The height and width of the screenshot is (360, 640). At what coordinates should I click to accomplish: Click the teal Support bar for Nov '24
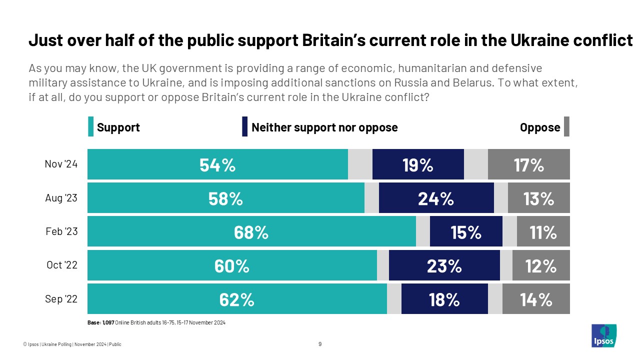(x=217, y=164)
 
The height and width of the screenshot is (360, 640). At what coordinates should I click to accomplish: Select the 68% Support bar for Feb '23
(x=251, y=231)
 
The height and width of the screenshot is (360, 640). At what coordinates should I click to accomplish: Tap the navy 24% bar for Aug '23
(x=436, y=198)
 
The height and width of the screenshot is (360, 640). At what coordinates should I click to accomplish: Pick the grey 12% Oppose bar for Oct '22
(x=541, y=265)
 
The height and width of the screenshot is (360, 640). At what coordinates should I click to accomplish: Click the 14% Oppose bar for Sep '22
(x=536, y=299)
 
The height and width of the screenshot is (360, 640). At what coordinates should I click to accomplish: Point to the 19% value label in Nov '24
(x=418, y=164)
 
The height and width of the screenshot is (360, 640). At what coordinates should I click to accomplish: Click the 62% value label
(x=236, y=299)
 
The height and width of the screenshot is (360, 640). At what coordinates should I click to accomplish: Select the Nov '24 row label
(x=61, y=164)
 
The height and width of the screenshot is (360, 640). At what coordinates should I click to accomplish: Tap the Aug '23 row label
(x=61, y=198)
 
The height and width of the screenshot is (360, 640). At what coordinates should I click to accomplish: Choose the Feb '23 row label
(x=61, y=231)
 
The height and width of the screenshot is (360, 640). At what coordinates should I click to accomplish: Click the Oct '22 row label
(x=61, y=265)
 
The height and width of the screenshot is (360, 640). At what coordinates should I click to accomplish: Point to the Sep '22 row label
(x=61, y=299)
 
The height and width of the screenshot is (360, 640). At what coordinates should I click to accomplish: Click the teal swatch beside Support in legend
(x=90, y=127)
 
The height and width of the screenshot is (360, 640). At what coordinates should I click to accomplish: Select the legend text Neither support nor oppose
(x=324, y=127)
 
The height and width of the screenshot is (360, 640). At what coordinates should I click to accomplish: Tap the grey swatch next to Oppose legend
(x=566, y=127)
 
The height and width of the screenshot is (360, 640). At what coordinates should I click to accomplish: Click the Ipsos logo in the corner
(x=603, y=335)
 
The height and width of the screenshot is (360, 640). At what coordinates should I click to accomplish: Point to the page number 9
(x=320, y=344)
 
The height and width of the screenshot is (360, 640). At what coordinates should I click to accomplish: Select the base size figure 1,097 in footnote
(x=107, y=323)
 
